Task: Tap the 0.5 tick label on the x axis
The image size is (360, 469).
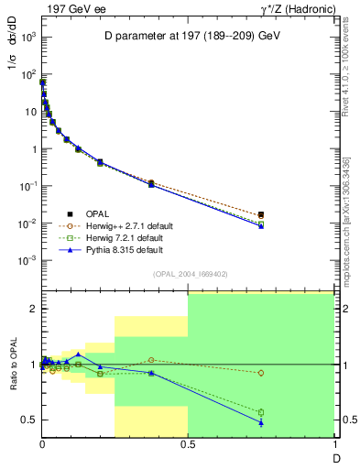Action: tap(188, 446)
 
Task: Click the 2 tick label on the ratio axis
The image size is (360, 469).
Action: tap(32, 309)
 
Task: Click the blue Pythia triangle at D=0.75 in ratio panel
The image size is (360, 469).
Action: tap(261, 422)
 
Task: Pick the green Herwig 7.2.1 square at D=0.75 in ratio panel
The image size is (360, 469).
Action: tap(261, 412)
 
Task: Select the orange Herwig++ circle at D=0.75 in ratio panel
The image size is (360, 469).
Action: tap(261, 373)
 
